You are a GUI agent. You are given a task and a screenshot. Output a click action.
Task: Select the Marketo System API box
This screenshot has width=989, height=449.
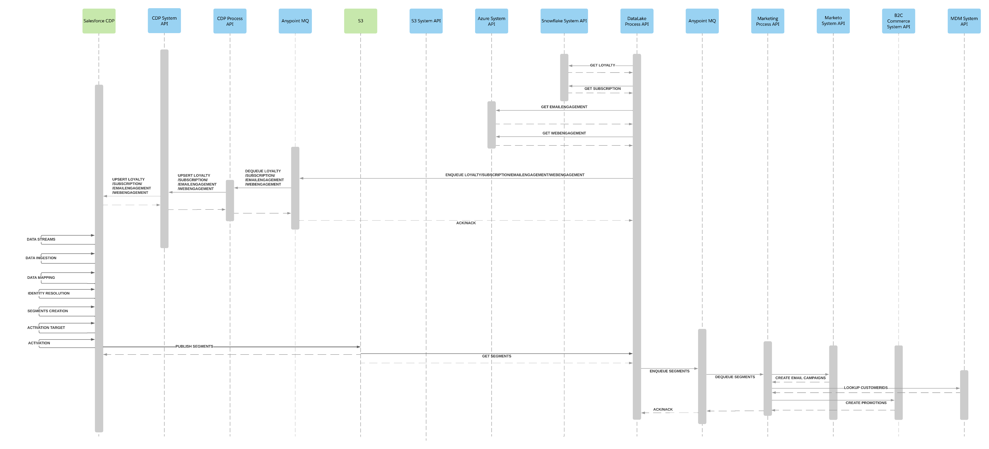(x=833, y=21)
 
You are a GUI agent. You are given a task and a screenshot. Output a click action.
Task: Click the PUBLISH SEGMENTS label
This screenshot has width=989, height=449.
(x=194, y=346)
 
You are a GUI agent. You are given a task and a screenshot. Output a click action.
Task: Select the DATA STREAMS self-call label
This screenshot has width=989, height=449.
(x=41, y=239)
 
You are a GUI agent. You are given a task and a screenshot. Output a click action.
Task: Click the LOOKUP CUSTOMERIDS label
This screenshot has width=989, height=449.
(x=865, y=388)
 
